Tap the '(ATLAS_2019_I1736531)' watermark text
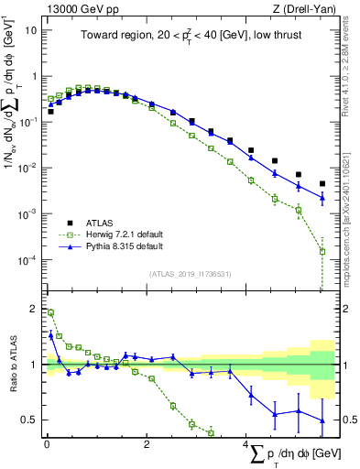[190, 273]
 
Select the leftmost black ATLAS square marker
[50, 112]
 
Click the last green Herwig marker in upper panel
[322, 251]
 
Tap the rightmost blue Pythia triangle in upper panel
[322, 198]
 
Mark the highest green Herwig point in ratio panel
[50, 312]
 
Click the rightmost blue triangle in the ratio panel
[322, 420]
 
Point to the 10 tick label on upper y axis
[31, 29]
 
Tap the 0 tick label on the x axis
[47, 444]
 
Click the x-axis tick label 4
[245, 444]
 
